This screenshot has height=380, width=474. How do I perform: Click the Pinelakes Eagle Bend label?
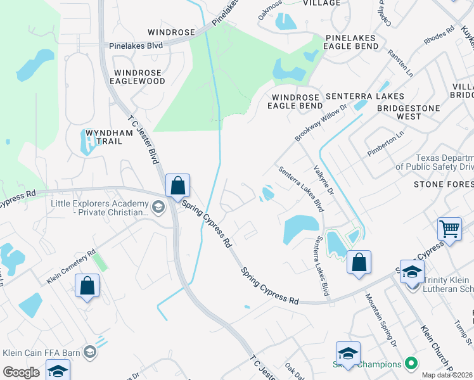pos(350,42)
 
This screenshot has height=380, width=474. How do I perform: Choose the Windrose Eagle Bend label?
pos(295,101)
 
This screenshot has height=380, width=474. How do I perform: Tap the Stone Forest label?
pos(444,184)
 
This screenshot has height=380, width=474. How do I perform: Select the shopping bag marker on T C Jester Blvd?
pos(178,186)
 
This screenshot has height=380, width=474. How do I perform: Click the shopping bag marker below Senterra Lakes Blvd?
pos(359,263)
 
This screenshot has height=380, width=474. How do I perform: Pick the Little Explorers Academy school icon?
pos(157,206)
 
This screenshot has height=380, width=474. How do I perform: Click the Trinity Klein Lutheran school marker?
pos(412,272)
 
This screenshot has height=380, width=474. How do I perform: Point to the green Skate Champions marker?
pos(411,364)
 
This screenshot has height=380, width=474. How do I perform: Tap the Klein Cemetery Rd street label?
pos(72,265)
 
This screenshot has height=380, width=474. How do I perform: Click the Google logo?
pos(21,372)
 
